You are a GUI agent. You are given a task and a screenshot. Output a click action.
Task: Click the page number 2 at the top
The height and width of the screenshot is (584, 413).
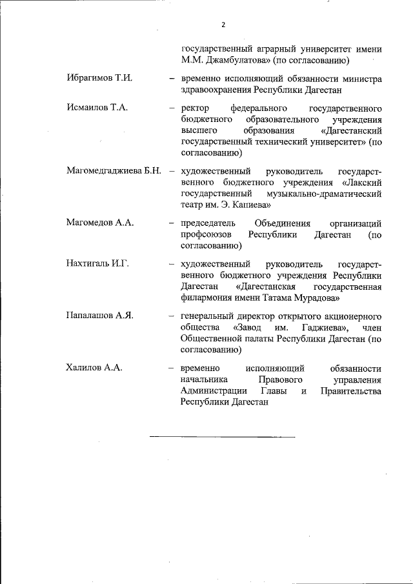click(223, 25)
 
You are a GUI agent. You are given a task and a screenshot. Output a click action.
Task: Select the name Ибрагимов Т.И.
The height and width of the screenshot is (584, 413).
click(99, 78)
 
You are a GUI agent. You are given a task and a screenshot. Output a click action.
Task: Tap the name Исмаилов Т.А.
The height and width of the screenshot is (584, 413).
click(97, 107)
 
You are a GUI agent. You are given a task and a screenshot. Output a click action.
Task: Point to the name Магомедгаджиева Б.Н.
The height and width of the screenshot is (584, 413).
click(113, 171)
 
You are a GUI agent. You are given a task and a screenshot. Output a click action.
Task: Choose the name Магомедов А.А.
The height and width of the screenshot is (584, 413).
click(99, 223)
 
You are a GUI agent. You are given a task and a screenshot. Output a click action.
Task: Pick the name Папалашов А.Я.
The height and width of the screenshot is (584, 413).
click(100, 316)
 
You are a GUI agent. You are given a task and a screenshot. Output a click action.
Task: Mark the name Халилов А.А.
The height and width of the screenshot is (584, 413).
click(94, 367)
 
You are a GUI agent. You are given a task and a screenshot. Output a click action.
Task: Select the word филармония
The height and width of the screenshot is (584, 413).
click(206, 298)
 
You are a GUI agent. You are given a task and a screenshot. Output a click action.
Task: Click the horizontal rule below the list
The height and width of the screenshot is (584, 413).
click(222, 438)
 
